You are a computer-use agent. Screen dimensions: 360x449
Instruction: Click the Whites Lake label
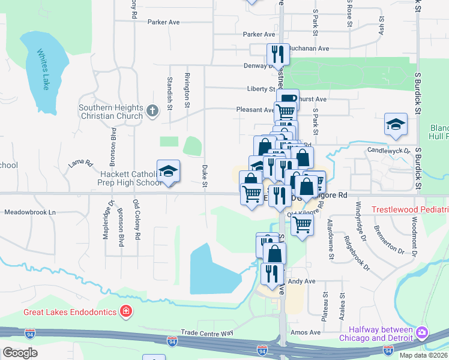pos(43,69)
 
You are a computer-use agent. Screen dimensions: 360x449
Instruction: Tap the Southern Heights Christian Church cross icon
pos(153,110)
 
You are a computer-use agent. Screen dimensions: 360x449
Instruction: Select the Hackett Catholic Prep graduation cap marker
pos(169,172)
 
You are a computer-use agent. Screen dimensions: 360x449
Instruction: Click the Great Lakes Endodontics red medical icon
pos(126,311)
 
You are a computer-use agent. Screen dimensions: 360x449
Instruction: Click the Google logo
pos(19,353)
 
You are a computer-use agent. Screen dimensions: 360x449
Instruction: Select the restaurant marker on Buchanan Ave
pos(278,53)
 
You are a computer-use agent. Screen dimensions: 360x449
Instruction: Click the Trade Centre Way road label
pos(207,332)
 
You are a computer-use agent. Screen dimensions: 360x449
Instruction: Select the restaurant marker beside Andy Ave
pos(271,274)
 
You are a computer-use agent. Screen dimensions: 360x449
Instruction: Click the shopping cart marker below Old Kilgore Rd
pos(303,224)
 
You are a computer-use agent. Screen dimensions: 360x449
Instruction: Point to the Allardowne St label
pos(330,239)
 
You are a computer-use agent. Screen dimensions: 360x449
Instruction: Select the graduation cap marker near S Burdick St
pos(395,124)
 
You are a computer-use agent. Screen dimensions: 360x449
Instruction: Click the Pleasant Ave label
pos(256,110)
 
